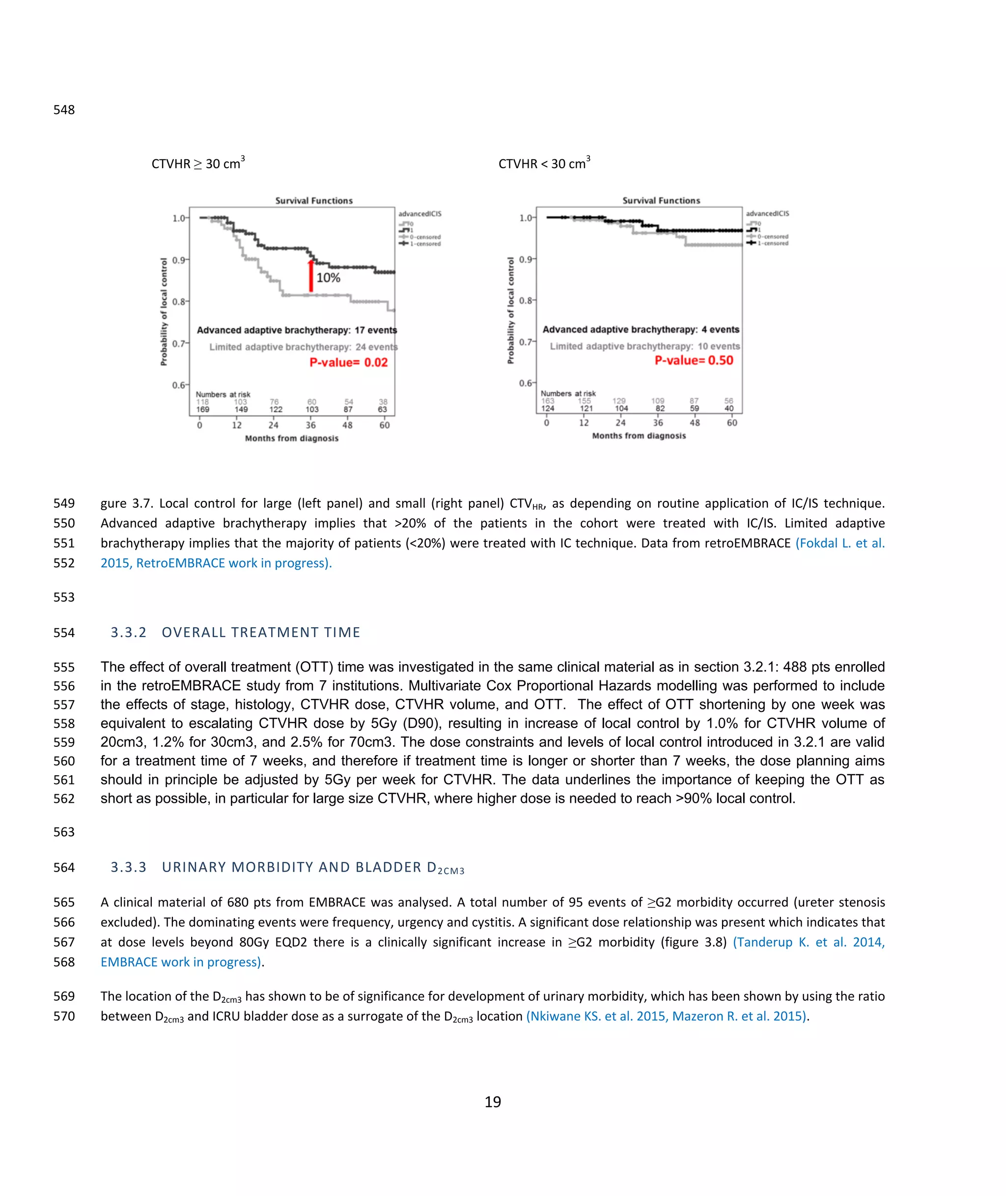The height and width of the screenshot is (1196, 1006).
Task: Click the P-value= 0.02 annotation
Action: (x=348, y=362)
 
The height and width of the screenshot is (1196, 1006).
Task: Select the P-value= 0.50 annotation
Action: (x=694, y=360)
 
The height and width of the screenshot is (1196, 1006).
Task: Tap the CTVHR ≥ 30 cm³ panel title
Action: (x=198, y=163)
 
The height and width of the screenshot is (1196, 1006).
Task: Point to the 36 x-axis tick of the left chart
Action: (x=310, y=425)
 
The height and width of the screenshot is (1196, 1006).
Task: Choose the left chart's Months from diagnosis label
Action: (x=291, y=438)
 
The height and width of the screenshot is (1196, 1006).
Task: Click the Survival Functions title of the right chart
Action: (x=661, y=200)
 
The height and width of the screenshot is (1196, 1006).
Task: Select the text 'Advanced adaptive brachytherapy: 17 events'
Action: (x=297, y=330)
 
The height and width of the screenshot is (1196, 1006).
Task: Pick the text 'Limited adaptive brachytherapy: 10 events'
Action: (x=644, y=346)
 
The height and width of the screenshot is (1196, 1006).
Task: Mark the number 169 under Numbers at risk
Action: (x=203, y=409)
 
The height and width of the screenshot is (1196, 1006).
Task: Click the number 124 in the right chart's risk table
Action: (x=548, y=408)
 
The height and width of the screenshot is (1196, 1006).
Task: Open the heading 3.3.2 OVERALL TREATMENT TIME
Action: (x=235, y=632)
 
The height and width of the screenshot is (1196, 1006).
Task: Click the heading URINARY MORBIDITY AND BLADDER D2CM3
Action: (x=312, y=867)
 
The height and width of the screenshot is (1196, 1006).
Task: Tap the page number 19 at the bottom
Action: (x=493, y=1102)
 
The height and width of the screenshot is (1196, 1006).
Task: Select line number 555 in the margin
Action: (x=64, y=667)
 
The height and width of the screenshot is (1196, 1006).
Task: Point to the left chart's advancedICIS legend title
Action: (x=419, y=214)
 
